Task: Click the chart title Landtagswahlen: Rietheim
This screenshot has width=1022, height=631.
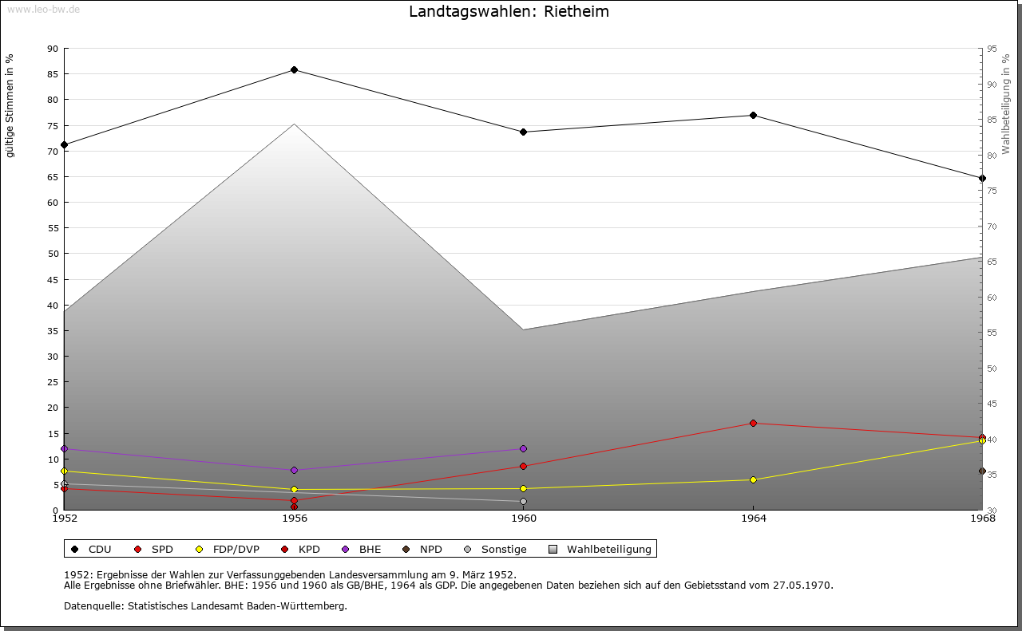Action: (509, 12)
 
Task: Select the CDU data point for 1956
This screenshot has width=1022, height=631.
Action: (294, 70)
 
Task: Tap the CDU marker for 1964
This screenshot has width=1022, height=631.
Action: (753, 116)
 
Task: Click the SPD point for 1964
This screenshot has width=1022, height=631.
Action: (753, 424)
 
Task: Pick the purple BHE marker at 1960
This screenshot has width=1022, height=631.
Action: (523, 449)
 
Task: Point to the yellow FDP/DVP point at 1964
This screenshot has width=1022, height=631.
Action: (753, 480)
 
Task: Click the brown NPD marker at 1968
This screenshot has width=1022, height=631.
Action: (982, 471)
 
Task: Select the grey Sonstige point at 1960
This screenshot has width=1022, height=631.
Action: (523, 502)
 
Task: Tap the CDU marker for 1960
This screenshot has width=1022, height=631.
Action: (523, 132)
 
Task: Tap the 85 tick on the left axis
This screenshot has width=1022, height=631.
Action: (52, 74)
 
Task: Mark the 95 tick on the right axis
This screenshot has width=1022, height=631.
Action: (992, 49)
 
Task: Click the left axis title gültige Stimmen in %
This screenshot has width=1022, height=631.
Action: (10, 105)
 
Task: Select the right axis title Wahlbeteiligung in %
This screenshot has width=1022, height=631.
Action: (1006, 104)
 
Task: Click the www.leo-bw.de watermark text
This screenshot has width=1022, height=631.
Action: (43, 10)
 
